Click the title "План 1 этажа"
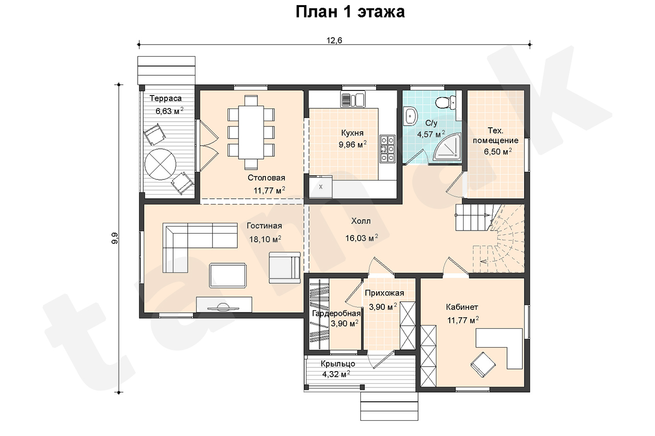point(350,12)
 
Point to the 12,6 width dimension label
point(334,40)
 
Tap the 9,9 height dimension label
point(115,238)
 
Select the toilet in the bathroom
point(445,103)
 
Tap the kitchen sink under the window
point(353,100)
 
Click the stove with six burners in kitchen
point(388,149)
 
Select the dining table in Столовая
point(251,132)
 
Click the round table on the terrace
point(160,164)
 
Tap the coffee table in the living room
point(228,276)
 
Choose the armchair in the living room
point(285,267)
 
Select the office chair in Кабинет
point(483,365)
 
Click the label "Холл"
point(361,221)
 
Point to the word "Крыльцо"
point(338,363)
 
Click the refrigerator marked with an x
point(321,187)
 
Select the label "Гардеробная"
point(336,313)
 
